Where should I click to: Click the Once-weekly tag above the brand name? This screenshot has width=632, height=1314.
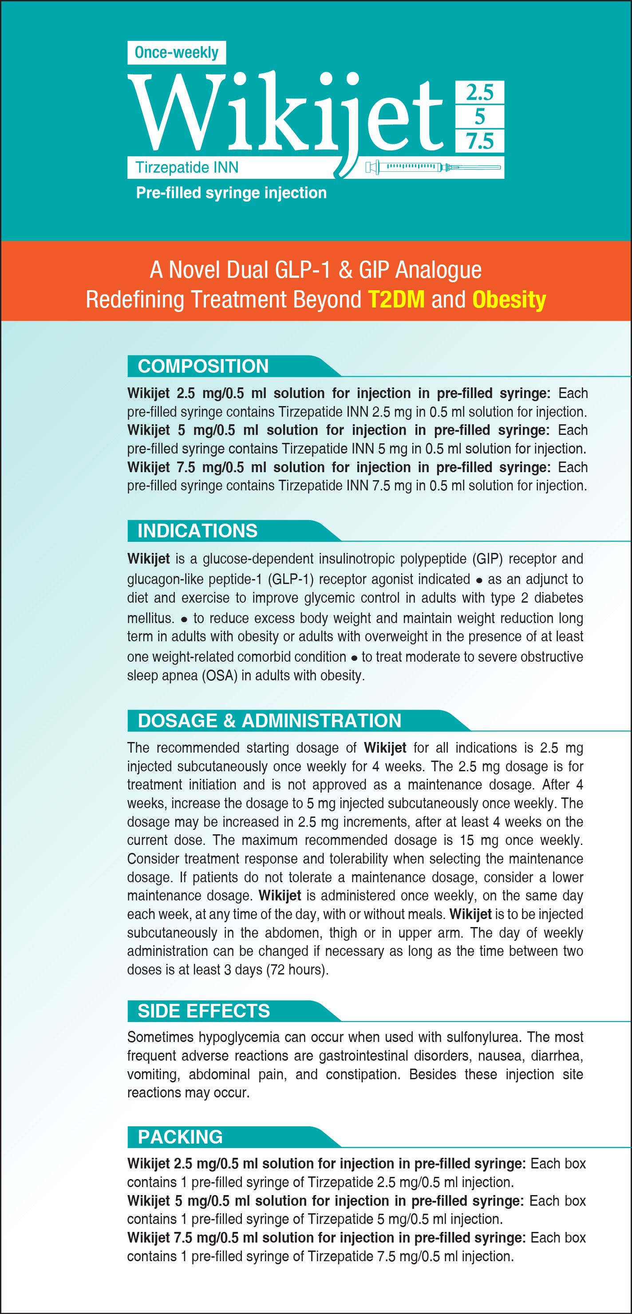click(177, 52)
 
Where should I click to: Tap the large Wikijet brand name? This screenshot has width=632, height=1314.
click(286, 115)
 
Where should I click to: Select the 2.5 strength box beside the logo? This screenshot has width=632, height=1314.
click(479, 92)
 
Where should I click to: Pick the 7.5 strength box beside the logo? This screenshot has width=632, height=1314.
click(479, 141)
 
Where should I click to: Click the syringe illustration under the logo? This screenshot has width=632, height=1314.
click(433, 167)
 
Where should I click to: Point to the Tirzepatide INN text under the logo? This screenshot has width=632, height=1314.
click(187, 167)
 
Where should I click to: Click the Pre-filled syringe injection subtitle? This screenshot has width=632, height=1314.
click(231, 193)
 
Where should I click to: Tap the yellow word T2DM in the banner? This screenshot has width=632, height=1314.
click(396, 300)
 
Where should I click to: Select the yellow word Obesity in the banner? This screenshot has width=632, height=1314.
click(509, 300)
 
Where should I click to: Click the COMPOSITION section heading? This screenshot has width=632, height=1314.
click(203, 366)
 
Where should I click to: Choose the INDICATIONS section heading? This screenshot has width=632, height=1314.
click(197, 531)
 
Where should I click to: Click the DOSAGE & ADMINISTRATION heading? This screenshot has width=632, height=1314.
click(269, 721)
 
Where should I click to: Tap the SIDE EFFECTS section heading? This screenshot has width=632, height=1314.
click(204, 1011)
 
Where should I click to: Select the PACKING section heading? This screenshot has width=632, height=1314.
click(180, 1137)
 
